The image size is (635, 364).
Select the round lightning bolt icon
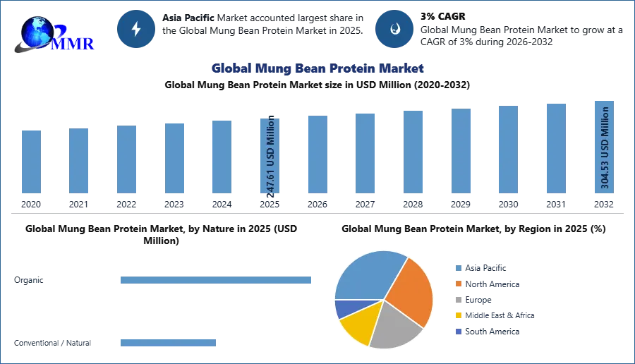pos(136,29)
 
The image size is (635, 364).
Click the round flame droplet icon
pos(394,29)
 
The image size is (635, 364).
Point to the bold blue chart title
pos(318,68)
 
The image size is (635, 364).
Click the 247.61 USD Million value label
pos(270,153)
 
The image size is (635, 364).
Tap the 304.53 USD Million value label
pos(605,147)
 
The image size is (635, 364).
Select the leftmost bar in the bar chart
pos(31,162)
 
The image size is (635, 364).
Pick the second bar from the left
pos(78,160)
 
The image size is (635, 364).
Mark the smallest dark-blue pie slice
pos(345,308)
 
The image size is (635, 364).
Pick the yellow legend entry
pos(493,316)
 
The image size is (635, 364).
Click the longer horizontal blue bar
pos(217,282)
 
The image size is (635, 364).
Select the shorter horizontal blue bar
pos(169,344)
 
